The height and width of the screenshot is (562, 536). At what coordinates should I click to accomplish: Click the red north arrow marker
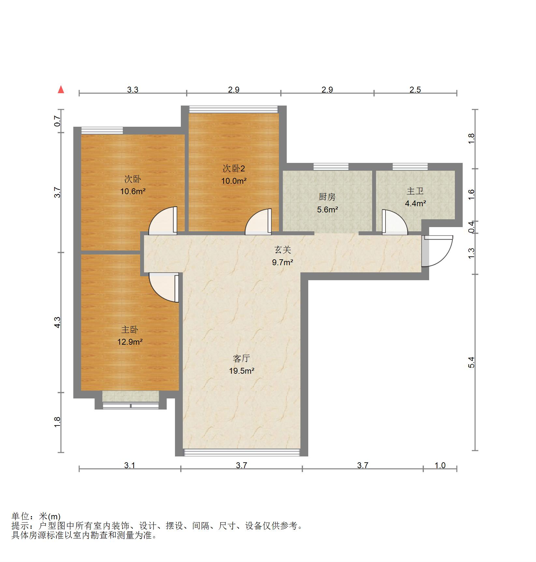(x=61, y=90)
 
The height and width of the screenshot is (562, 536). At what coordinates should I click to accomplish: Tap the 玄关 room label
(x=282, y=250)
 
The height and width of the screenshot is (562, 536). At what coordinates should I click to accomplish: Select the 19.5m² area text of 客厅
(x=241, y=371)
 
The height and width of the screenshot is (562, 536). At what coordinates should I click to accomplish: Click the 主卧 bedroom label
(x=130, y=330)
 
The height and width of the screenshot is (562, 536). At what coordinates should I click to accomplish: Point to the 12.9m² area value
(x=130, y=342)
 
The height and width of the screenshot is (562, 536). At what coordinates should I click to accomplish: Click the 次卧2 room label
(x=234, y=168)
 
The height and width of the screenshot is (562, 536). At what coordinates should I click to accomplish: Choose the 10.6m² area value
(x=133, y=191)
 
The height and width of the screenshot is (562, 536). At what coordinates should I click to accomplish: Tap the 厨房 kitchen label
(x=327, y=197)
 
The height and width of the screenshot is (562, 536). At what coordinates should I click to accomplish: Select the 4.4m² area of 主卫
(x=415, y=204)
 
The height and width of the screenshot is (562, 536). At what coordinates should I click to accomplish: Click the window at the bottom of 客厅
(x=241, y=452)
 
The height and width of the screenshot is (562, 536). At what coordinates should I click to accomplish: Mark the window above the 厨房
(x=331, y=167)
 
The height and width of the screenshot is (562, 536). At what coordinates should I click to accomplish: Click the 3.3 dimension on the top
(x=133, y=90)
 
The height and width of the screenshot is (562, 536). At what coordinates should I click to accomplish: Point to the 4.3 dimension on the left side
(x=58, y=323)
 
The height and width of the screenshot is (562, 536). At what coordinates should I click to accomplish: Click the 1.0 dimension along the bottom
(x=440, y=465)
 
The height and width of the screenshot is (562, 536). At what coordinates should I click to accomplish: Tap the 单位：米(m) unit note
(x=36, y=516)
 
